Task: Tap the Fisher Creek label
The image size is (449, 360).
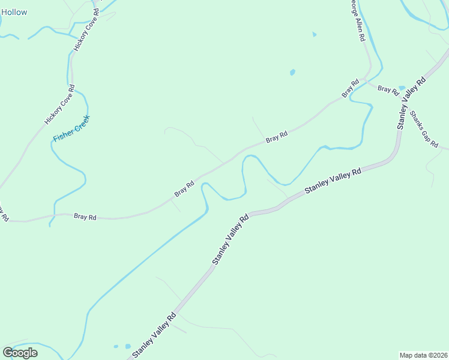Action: point(71,128)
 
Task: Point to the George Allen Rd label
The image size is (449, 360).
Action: point(358,20)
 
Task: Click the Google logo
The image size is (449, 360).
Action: point(20,352)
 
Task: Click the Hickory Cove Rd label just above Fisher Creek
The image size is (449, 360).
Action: point(59,105)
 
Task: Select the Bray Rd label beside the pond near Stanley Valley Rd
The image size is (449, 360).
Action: point(388,90)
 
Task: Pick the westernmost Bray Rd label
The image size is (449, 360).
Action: point(85,216)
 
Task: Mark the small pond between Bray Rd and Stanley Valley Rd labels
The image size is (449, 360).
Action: point(402,88)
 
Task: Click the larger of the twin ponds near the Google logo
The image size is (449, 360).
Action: point(127,346)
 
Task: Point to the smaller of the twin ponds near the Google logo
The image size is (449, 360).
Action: point(116,346)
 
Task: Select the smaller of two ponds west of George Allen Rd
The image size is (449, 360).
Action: point(314,34)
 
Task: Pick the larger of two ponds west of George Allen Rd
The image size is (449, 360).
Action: point(292,72)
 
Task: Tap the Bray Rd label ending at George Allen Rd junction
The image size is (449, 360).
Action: point(350,88)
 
